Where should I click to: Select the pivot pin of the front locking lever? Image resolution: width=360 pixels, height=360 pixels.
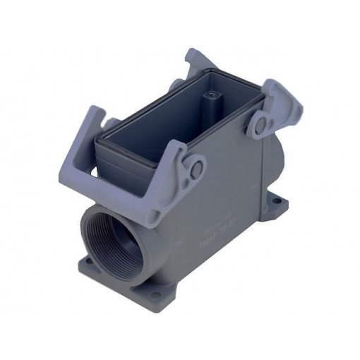(x=196, y=168)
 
